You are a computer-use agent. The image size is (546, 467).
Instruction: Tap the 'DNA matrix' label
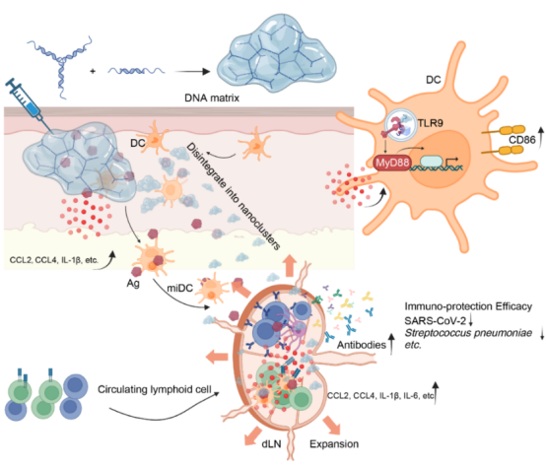212,99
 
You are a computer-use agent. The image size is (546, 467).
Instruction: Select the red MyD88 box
392,163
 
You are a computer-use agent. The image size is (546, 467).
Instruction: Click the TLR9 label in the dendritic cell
430,123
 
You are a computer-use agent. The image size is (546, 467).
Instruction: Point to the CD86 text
522,140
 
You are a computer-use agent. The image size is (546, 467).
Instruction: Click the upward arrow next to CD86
541,138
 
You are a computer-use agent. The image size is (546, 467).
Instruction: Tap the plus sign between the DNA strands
93,71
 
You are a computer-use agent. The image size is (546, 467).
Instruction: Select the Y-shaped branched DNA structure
60,65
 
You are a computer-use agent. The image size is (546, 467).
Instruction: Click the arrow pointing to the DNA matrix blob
192,72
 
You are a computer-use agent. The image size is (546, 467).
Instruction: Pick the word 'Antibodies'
362,345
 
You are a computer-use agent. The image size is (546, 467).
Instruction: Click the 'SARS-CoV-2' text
435,320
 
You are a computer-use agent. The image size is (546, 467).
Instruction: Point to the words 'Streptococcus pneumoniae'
468,333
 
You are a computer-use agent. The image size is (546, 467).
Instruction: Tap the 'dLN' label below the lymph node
271,443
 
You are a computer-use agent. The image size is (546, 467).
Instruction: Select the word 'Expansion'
334,444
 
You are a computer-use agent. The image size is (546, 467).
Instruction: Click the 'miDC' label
179,288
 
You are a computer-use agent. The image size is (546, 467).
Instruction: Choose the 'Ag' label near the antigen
133,284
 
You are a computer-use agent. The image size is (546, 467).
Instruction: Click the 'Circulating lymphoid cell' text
155,389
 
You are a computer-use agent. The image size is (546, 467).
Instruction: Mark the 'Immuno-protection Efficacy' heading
468,306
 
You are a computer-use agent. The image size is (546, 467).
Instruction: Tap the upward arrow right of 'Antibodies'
391,344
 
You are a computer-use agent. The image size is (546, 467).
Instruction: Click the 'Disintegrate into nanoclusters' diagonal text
234,196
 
